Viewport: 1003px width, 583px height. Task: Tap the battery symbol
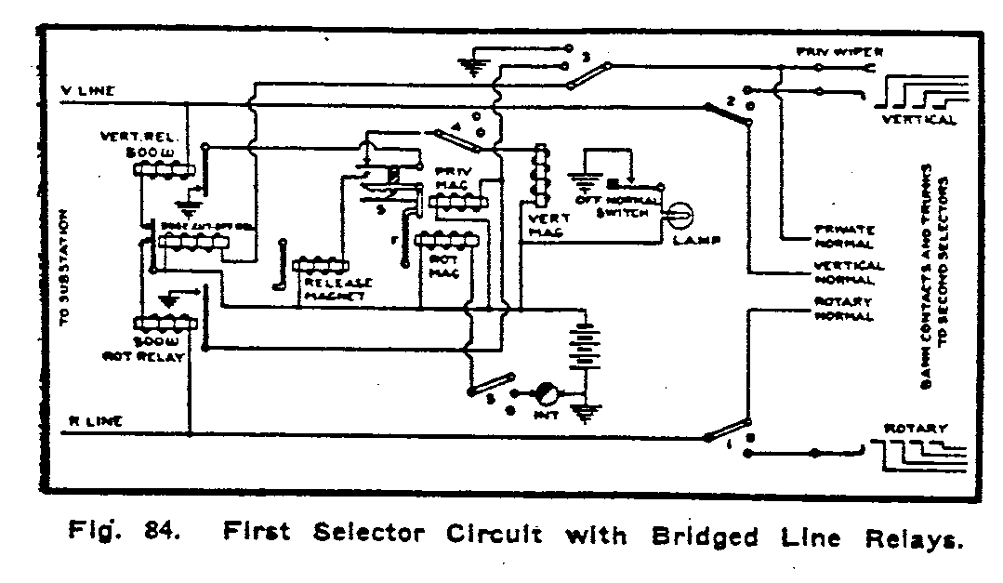(584, 348)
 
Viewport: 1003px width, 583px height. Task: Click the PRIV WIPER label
(832, 52)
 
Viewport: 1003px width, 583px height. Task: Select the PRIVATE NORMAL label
(843, 236)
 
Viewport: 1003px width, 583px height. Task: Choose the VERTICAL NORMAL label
(844, 272)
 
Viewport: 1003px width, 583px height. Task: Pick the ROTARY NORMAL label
(843, 309)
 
